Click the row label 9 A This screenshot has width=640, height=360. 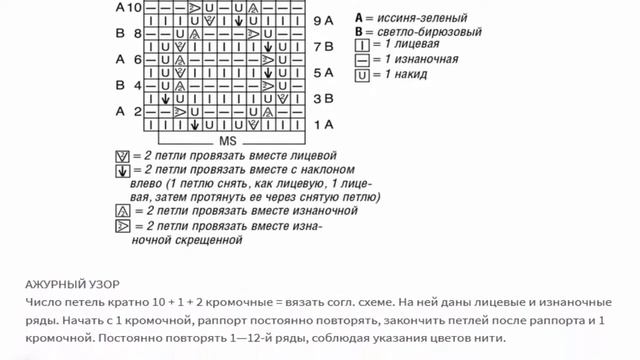coord(322,20)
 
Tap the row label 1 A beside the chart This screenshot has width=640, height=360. coord(322,125)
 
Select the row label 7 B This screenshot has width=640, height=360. coord(322,47)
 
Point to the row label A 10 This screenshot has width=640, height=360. coord(128,8)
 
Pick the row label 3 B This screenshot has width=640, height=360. coord(322,99)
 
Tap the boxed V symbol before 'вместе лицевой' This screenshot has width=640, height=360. coord(122,157)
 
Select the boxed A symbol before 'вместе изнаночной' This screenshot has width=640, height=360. coord(122,212)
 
